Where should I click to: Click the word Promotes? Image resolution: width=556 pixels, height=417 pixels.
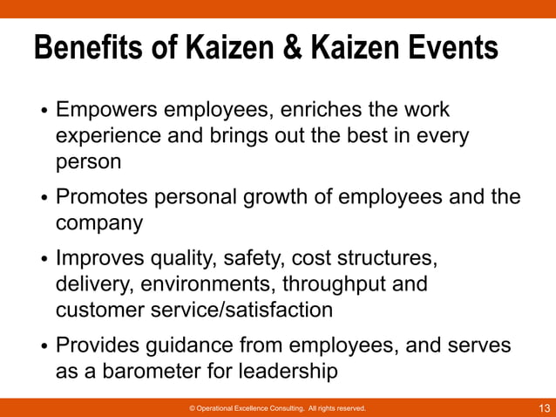pyautogui.click(x=104, y=197)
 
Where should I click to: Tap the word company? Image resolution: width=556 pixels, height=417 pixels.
pyautogui.click(x=99, y=223)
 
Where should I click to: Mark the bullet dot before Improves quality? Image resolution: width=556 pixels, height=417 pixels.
pyautogui.click(x=44, y=261)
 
